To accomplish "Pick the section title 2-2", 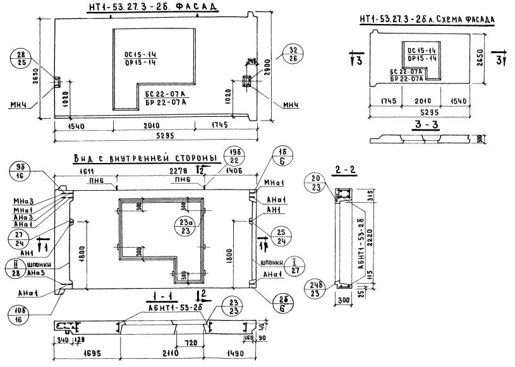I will pyautogui.click(x=345, y=170).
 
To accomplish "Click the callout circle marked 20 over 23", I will pyautogui.click(x=317, y=183).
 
